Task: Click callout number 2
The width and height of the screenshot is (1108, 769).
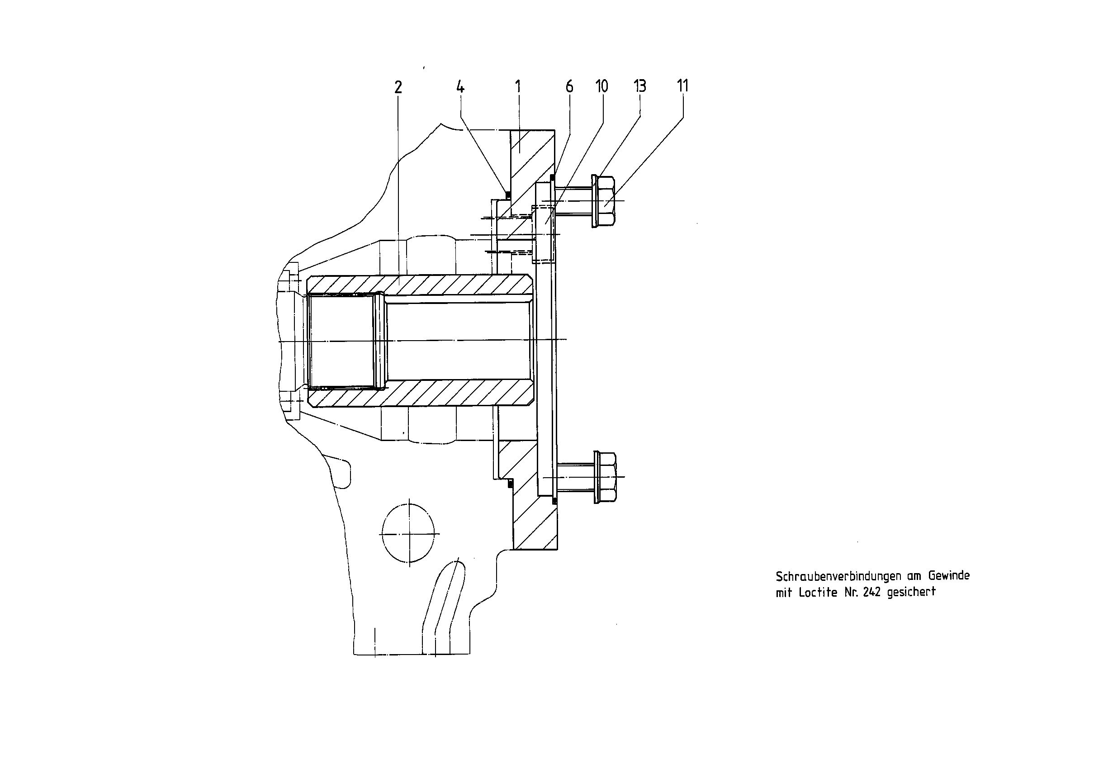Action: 398,87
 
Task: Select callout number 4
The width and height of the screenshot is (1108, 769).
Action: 460,87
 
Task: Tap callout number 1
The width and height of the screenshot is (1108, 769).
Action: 518,87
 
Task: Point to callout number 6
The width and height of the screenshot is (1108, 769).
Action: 569,87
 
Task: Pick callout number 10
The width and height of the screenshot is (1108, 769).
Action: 601,86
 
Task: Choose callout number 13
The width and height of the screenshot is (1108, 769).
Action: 640,86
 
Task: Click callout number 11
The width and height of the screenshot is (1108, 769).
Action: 682,86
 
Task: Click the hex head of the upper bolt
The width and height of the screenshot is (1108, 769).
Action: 606,201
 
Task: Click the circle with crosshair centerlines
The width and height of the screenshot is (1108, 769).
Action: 407,533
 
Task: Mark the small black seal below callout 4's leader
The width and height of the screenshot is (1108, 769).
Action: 507,195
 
